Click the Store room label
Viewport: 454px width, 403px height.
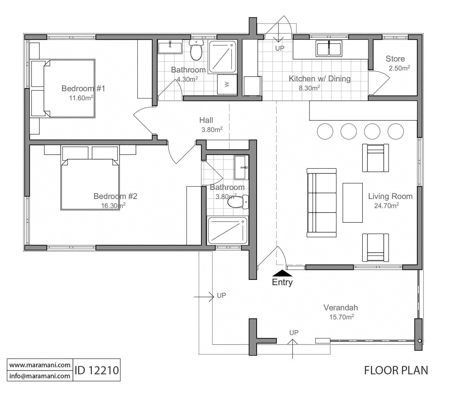point(395,59)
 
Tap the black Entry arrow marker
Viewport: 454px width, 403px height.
point(282,273)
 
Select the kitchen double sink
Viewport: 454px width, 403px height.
point(329,48)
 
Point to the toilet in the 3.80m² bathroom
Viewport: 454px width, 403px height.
point(238,202)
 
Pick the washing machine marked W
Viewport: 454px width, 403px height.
point(227,84)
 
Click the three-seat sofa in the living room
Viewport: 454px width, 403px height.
point(322,203)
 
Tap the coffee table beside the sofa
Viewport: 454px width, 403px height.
point(352,203)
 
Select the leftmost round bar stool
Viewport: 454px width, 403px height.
point(325,131)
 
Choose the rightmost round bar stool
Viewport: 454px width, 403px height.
point(395,131)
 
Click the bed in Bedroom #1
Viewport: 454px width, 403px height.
point(63,88)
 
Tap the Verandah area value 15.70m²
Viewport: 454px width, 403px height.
point(342,317)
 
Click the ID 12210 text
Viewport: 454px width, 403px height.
point(97,370)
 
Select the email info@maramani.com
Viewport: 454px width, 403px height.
point(40,376)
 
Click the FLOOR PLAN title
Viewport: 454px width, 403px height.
point(396,370)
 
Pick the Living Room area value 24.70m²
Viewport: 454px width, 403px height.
point(386,206)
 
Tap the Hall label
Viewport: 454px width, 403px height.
point(206,120)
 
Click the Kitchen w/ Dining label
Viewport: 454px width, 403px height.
point(320,79)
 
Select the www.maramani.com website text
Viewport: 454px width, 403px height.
point(40,365)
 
